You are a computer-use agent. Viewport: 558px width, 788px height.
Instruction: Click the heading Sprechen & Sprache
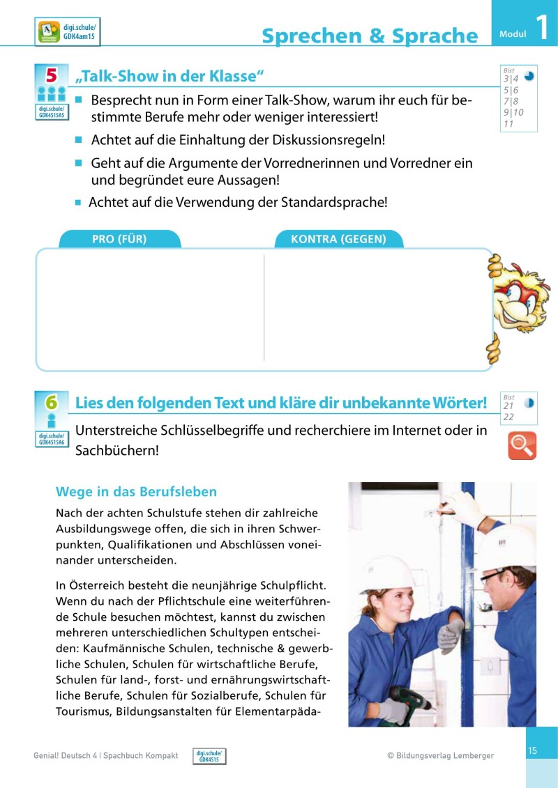tap(370, 36)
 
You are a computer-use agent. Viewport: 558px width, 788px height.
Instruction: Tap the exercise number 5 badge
tap(51, 75)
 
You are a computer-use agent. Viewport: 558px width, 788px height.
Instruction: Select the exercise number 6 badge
tap(51, 402)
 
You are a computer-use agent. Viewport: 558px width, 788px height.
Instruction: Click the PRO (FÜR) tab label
tap(119, 239)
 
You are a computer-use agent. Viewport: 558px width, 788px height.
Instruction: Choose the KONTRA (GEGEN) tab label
tap(338, 239)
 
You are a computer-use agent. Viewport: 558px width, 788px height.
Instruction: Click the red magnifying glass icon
tap(522, 445)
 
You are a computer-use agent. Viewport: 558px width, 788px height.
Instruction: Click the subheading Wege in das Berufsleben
tap(136, 492)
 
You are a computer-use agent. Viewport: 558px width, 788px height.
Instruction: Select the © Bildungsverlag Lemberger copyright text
tap(440, 755)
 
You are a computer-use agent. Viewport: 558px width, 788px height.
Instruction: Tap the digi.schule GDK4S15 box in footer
tap(209, 756)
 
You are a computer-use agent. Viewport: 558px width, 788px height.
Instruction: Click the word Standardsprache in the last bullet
tap(333, 203)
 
